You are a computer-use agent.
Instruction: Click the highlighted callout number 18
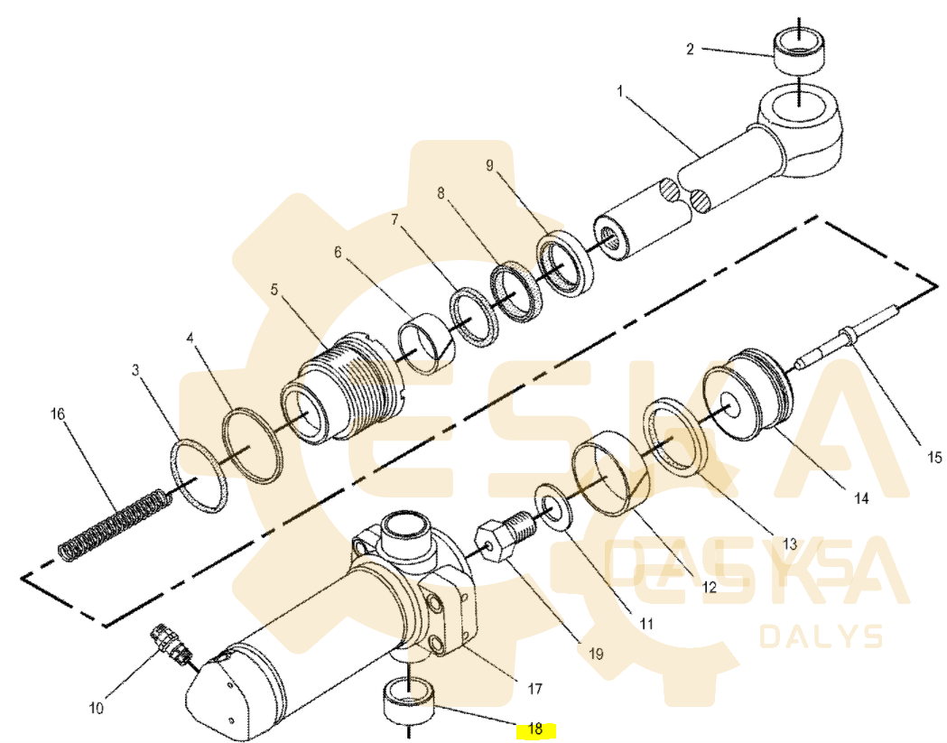(535, 729)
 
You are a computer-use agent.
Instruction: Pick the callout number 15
(933, 458)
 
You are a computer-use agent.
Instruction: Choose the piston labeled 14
(749, 395)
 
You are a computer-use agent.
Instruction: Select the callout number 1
(619, 92)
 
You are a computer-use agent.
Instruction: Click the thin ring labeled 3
(198, 476)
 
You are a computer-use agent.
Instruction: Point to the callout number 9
(489, 165)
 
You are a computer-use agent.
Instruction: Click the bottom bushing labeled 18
(409, 700)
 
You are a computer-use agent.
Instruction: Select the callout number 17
(535, 689)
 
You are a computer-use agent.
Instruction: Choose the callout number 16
(58, 413)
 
